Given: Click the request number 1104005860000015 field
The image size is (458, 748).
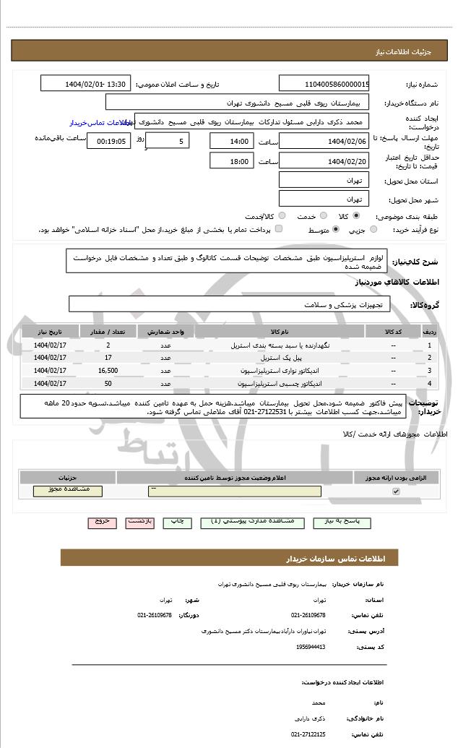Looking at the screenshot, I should pos(324,84).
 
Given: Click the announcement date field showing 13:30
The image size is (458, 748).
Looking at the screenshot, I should pos(87,84).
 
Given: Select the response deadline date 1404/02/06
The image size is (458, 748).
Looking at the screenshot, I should pos(324,141).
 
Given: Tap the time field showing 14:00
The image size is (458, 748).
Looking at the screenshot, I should pos(231,141).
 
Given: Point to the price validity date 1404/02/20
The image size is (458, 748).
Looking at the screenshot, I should pos(324,161).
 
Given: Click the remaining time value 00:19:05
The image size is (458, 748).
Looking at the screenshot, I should pos(109,141).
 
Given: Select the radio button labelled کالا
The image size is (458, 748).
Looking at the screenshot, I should pos(356,216).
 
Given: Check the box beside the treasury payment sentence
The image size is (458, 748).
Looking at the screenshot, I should pos(279,229).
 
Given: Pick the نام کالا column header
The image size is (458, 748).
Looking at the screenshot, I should pos(280,331).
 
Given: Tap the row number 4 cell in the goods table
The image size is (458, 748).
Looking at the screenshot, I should pos(429,383).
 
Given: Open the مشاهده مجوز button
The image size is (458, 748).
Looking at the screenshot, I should pos(68,491).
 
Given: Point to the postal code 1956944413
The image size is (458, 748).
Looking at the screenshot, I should pos(311,647).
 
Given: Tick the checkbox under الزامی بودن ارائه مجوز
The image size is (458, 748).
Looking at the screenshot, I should pos(395,491).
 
